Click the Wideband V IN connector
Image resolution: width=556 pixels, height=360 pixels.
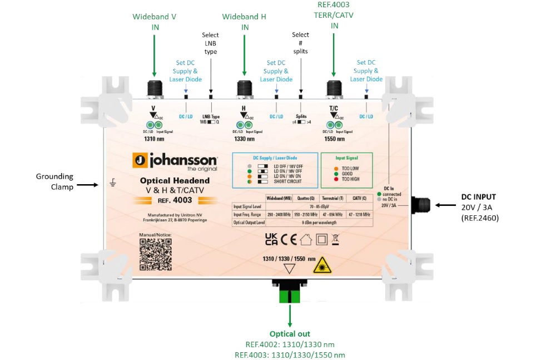(x=154, y=89)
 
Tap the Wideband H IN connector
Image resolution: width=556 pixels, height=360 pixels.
(x=244, y=89)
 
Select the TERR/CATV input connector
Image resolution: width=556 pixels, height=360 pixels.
(x=334, y=89)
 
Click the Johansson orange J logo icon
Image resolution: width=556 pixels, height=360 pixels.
(x=140, y=161)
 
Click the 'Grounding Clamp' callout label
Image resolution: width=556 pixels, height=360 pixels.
(x=54, y=182)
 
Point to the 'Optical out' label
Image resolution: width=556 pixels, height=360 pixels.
(x=290, y=334)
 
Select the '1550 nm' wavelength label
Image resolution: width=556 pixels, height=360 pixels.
(x=334, y=140)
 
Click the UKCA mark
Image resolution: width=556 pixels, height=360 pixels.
(x=271, y=239)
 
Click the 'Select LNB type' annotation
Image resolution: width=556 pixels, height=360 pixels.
(x=210, y=43)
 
